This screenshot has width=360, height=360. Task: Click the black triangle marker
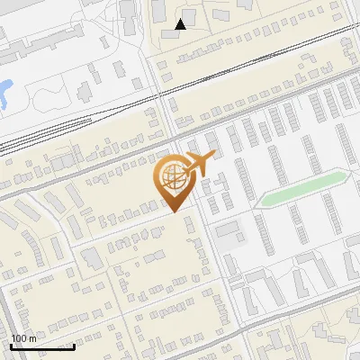181,24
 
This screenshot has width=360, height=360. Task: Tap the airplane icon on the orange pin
200,164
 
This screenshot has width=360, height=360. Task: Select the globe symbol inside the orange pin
173,180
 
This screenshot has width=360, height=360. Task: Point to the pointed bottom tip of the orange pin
174,212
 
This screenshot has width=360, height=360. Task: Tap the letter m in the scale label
32,338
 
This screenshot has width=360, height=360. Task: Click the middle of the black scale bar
42,346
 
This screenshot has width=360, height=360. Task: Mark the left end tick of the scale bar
12,346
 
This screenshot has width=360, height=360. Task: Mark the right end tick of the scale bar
74,346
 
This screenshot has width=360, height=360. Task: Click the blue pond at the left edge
4,91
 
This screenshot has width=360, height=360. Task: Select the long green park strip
301,190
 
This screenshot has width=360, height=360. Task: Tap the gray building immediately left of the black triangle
158,12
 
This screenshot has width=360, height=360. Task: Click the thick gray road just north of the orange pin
126,155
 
